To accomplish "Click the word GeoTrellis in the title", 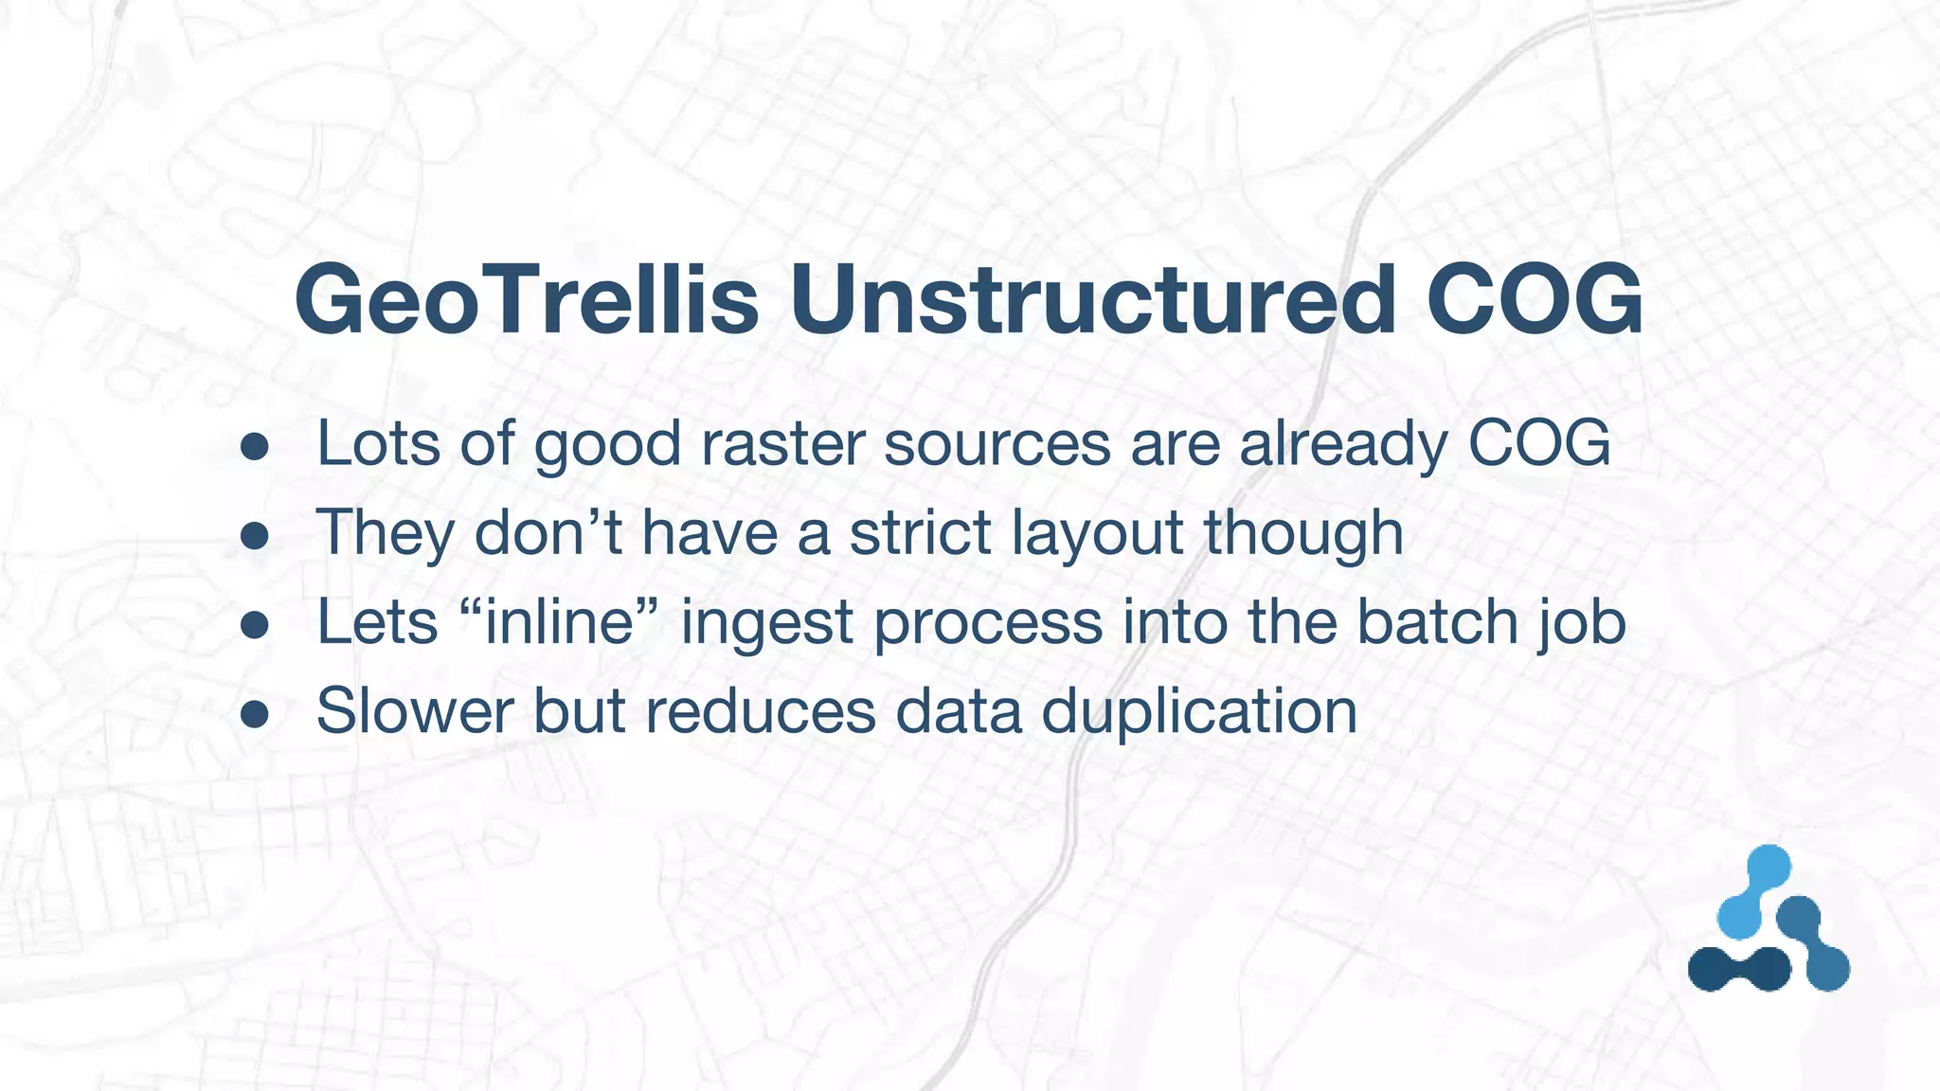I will pyautogui.click(x=527, y=299).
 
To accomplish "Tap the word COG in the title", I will pyautogui.click(x=1535, y=299).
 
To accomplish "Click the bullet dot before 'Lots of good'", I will pyautogui.click(x=255, y=446).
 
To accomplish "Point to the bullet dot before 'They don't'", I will pyautogui.click(x=255, y=536).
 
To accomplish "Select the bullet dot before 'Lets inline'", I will pyautogui.click(x=255, y=625).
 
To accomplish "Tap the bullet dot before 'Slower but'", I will pyautogui.click(x=255, y=714).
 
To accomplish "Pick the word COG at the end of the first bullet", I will pyautogui.click(x=1538, y=443).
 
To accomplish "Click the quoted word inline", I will pyautogui.click(x=558, y=621).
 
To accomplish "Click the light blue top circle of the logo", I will pyautogui.click(x=1768, y=867).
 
